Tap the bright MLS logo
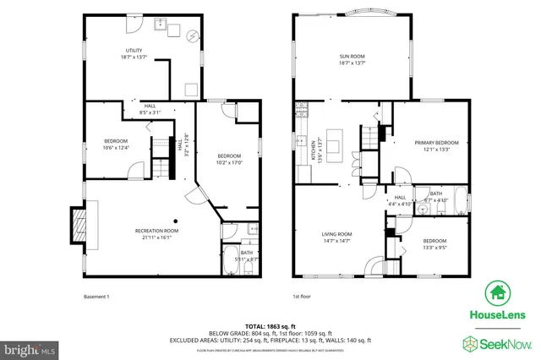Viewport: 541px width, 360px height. click(x=30, y=347)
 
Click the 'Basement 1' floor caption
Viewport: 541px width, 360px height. click(x=96, y=297)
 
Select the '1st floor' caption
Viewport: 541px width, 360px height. click(x=302, y=297)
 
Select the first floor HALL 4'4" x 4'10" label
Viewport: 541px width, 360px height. click(x=400, y=200)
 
